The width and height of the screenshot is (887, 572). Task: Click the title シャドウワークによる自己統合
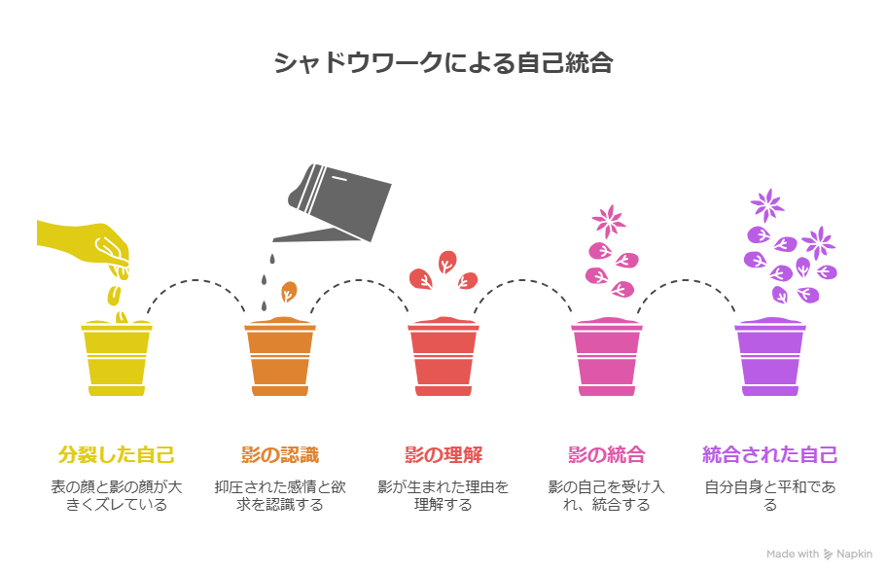pos(443,62)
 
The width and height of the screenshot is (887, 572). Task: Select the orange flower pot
pos(280,357)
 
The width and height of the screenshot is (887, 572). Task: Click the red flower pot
pos(443,357)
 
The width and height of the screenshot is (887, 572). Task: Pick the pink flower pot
pos(607,357)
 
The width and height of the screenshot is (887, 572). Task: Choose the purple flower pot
pos(770,357)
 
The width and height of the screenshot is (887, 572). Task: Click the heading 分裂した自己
pos(117,455)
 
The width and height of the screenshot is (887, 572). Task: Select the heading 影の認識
pos(280,455)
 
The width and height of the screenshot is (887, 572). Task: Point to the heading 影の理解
pos(443,455)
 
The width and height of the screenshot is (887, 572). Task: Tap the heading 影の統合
pos(607,455)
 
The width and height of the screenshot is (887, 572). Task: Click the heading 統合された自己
pos(770,455)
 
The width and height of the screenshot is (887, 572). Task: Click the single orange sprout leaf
pos(289,292)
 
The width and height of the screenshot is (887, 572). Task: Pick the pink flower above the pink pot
pos(609,221)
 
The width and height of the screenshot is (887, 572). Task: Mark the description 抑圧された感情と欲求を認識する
pos(280,495)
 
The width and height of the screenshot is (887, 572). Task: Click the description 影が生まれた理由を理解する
pos(443,495)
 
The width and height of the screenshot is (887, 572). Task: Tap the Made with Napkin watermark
pos(819,554)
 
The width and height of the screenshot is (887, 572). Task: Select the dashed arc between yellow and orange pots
pos(195,280)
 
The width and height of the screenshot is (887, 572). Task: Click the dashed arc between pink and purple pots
pos(687,280)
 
